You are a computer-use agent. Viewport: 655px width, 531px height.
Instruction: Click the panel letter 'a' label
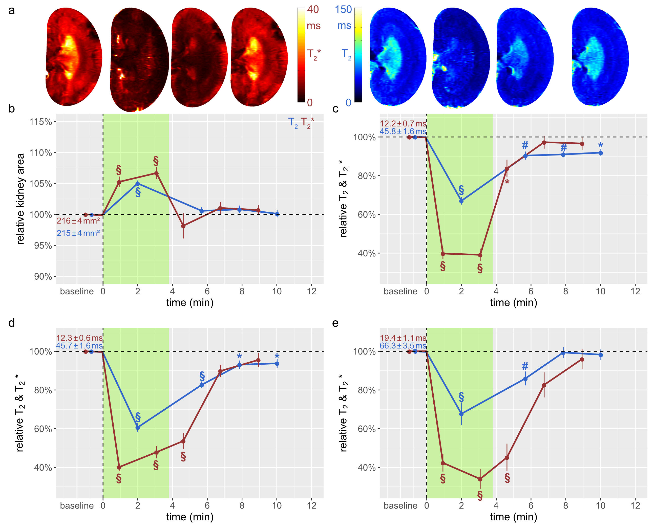pos(11,11)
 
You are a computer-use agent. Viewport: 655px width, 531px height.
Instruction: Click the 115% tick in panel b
pos(41,122)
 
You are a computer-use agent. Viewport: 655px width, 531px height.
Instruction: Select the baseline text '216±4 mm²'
pos(78,221)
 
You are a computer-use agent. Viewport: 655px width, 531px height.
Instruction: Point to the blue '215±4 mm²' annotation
pos(78,233)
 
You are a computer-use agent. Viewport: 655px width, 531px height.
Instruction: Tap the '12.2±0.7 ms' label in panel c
pos(403,124)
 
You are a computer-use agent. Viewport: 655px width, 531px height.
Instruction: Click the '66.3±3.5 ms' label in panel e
pos(403,346)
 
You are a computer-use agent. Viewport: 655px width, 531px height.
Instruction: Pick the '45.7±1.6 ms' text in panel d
pos(79,346)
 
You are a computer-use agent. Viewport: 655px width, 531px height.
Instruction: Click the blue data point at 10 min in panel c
pos(601,153)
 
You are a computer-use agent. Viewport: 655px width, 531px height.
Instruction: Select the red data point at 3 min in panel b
pos(156,173)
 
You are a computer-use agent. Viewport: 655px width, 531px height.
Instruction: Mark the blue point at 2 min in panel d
pos(138,428)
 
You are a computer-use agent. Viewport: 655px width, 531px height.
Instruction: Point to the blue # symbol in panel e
pos(525,366)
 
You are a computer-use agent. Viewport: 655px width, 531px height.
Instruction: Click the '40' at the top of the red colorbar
pos(313,10)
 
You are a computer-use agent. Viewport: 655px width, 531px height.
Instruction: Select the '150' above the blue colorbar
pos(343,10)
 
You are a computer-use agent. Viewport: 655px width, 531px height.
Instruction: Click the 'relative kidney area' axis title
pos(20,199)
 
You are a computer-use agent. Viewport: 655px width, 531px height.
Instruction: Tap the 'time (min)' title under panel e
pos(513,517)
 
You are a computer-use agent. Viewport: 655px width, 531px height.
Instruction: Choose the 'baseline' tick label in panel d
pos(77,506)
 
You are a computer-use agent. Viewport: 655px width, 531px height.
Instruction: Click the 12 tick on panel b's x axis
pos(312,291)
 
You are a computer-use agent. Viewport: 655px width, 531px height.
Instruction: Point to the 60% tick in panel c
pos(366,215)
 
